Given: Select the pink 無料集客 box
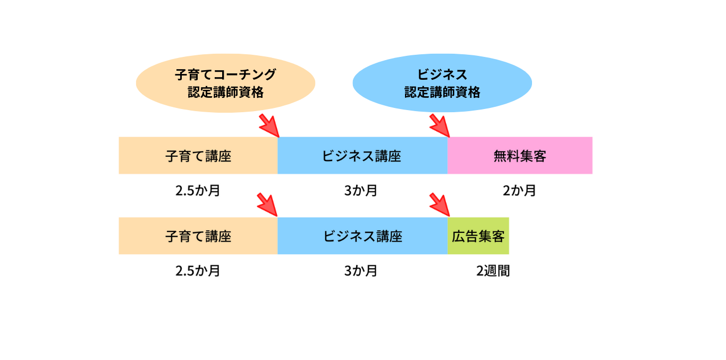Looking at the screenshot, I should click(520, 156).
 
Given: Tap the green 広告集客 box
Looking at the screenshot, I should click(478, 236).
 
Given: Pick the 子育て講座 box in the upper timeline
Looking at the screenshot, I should click(198, 156).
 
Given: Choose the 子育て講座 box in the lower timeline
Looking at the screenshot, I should click(198, 236).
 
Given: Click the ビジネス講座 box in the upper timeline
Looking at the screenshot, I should click(362, 156).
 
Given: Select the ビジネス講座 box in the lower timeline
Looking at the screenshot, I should click(362, 236).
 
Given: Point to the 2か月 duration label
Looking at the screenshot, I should click(519, 190).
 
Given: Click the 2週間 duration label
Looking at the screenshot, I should click(493, 271).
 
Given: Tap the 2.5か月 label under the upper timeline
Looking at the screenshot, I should click(198, 190).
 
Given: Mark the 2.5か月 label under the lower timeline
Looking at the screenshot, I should click(198, 271).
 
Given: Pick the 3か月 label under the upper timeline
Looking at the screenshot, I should click(361, 190).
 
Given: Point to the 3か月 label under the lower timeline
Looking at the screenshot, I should click(361, 271).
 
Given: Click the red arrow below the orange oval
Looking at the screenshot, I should click(269, 125).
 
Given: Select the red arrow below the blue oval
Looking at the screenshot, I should click(440, 125).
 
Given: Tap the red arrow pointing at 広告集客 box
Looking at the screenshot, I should click(440, 205).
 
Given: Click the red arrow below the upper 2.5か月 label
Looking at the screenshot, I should click(268, 205).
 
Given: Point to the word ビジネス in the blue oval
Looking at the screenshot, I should click(442, 74).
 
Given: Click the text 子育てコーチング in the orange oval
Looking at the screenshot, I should click(225, 74).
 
